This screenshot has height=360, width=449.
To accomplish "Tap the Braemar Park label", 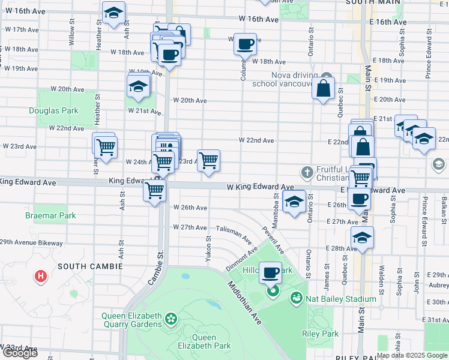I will click(42, 214).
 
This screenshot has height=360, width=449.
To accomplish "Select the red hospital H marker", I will click(40, 276).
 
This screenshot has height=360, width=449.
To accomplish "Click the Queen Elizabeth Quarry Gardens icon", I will click(171, 317).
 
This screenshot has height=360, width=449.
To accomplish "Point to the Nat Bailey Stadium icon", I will click(296, 298).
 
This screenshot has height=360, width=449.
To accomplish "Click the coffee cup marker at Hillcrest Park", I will click(271, 273).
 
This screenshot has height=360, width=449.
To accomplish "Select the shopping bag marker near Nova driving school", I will click(323, 89).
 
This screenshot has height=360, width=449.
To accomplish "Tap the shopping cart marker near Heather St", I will click(105, 146).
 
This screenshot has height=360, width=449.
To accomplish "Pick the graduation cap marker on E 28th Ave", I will click(362, 238).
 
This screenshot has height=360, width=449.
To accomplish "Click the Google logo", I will click(20, 353).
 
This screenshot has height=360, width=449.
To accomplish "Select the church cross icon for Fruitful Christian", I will click(307, 173).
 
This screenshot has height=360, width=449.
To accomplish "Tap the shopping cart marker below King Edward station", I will click(155, 191).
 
